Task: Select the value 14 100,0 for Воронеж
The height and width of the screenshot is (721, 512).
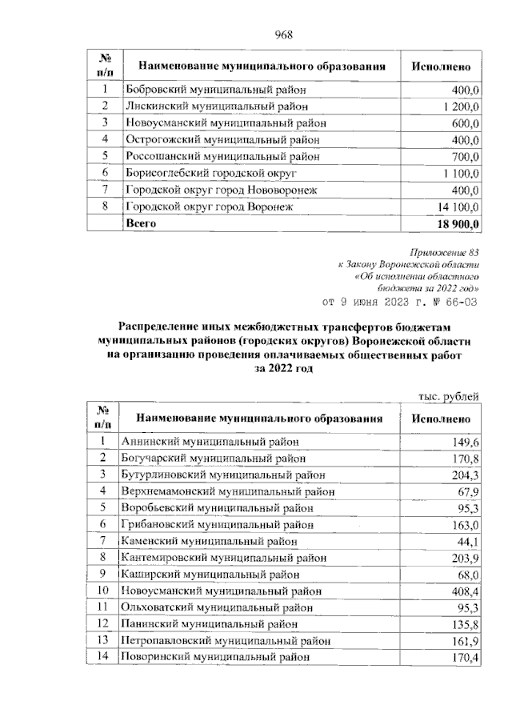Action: (456, 207)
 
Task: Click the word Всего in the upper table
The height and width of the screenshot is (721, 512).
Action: (141, 224)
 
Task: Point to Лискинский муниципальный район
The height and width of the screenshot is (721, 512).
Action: (213, 106)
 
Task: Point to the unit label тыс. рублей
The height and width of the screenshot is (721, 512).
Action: (449, 395)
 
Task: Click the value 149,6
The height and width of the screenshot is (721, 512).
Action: (465, 442)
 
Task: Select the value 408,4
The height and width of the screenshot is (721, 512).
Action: (463, 591)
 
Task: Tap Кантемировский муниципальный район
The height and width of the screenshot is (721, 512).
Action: (223, 558)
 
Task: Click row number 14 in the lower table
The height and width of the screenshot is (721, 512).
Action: (102, 658)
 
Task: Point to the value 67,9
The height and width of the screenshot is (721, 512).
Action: (466, 491)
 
